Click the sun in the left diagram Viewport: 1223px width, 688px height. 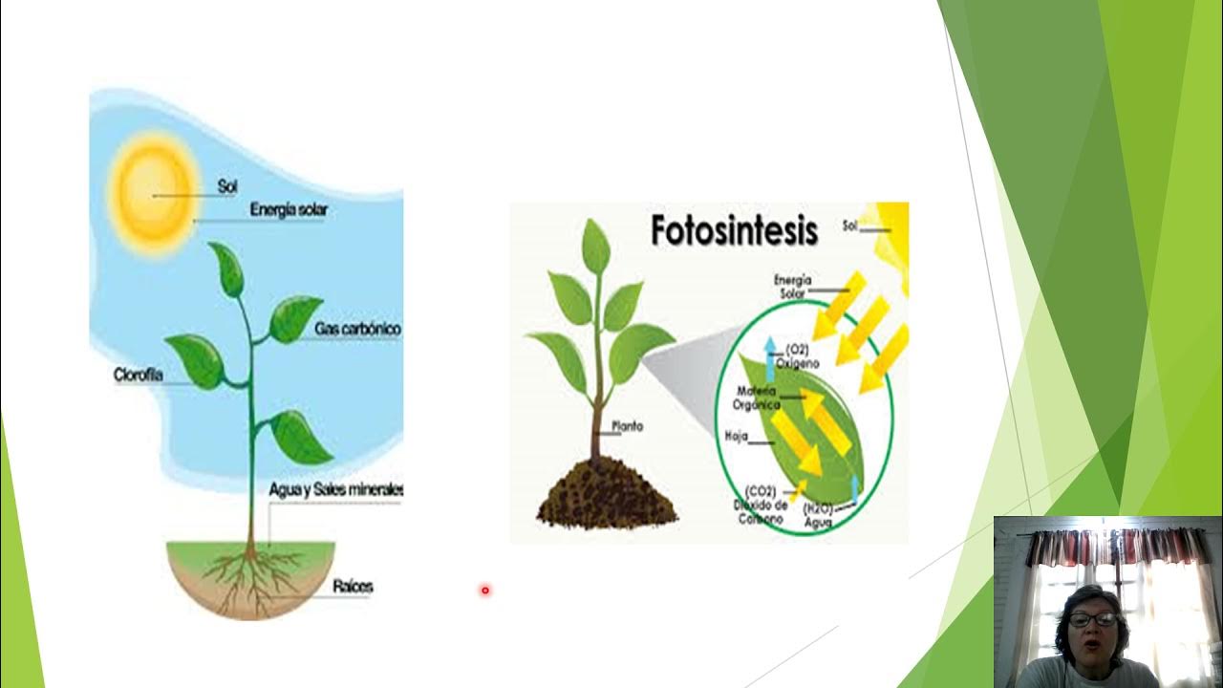tap(153, 193)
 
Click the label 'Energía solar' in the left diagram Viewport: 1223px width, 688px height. tap(288, 209)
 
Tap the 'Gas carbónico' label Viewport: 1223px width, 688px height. tap(357, 329)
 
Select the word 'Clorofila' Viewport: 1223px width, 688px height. tap(139, 376)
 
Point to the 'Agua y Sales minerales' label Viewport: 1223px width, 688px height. tap(336, 489)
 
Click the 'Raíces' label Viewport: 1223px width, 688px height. tap(353, 586)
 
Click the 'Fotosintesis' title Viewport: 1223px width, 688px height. tap(734, 230)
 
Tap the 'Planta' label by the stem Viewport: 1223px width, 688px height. tap(628, 426)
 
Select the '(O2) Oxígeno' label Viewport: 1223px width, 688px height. tap(803, 356)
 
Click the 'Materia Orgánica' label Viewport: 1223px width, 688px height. tap(757, 398)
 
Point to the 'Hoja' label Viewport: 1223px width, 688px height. tap(736, 437)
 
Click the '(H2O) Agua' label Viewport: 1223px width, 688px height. tap(819, 516)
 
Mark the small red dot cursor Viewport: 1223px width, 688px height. tap(485, 591)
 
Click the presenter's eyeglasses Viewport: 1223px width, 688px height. tap(1092, 619)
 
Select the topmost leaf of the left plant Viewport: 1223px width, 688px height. tap(227, 268)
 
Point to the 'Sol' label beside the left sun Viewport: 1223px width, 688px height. tap(226, 187)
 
